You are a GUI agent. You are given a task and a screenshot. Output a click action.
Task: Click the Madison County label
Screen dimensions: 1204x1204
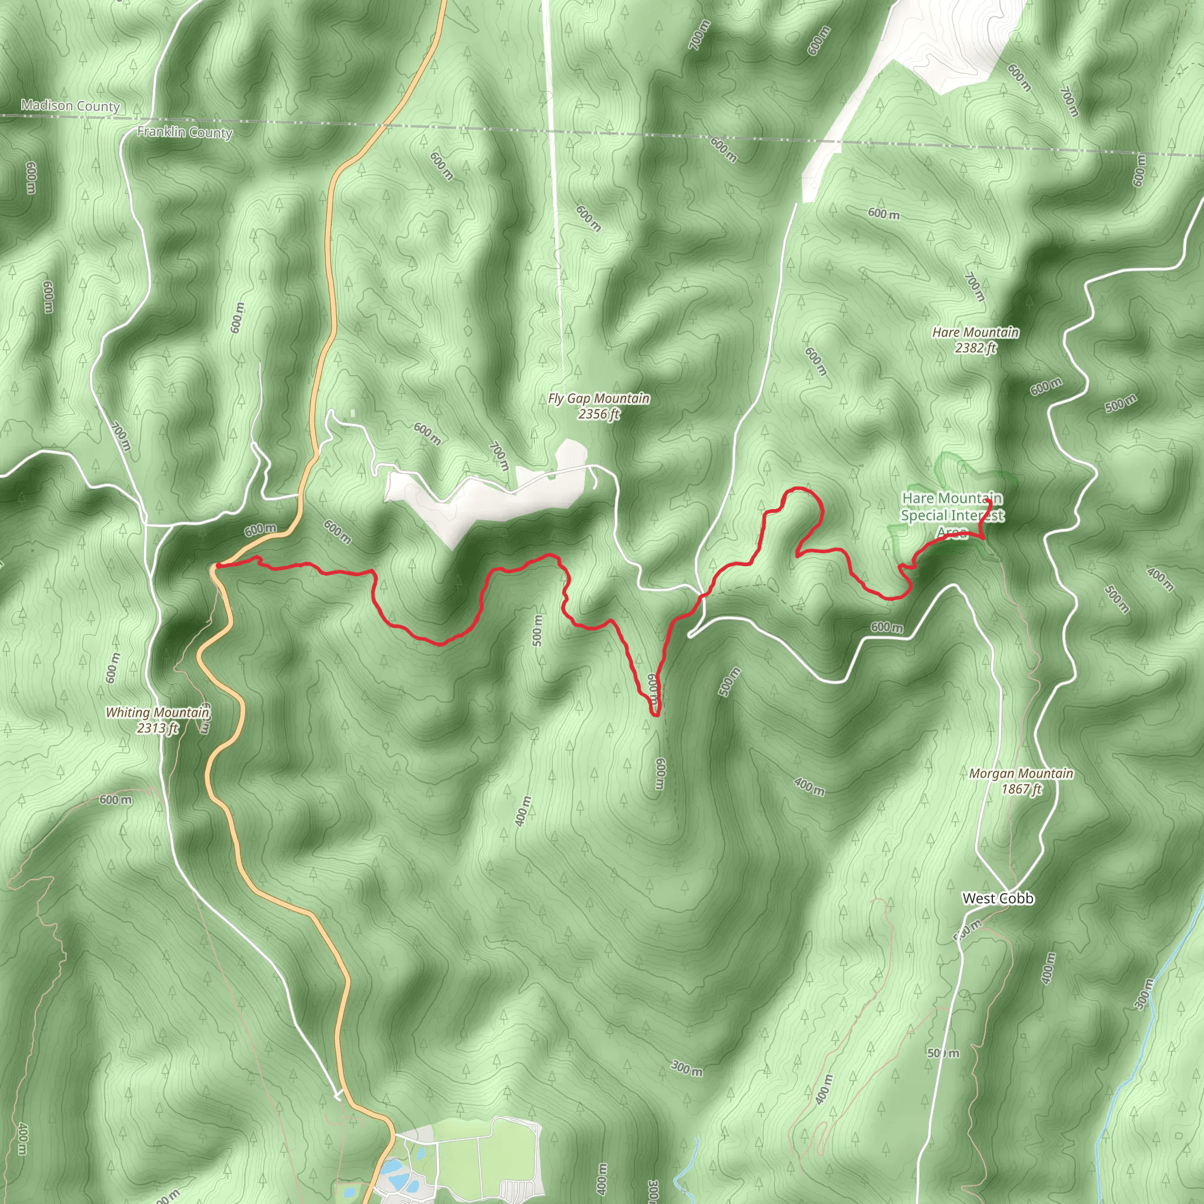click(x=70, y=106)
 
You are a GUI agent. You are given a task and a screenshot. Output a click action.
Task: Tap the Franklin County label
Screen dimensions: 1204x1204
click(x=185, y=133)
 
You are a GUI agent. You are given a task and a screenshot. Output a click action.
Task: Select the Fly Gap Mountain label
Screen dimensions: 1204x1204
click(x=599, y=398)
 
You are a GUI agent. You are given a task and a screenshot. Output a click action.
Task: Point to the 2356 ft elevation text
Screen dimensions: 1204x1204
click(x=599, y=414)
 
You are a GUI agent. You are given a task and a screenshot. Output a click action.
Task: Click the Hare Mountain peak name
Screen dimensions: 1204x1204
click(x=975, y=333)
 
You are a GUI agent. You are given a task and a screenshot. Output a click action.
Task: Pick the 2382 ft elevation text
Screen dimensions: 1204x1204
click(x=975, y=349)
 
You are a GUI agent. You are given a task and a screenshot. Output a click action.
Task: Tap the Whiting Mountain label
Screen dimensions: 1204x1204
click(x=157, y=713)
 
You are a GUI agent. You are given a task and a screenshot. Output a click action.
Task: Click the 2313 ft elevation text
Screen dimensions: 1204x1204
click(x=157, y=727)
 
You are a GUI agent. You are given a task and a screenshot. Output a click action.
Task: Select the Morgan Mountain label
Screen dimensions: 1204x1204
click(x=1021, y=774)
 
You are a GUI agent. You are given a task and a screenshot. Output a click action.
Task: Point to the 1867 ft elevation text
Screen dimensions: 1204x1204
click(x=1021, y=789)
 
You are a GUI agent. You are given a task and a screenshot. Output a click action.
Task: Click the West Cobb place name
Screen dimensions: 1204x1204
click(x=998, y=898)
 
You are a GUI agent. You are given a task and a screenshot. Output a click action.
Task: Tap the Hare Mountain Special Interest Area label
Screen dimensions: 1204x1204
click(x=952, y=516)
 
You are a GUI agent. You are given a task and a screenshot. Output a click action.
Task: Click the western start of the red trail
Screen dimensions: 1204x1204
click(x=216, y=566)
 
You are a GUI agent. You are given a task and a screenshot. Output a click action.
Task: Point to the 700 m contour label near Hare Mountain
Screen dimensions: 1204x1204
click(x=974, y=287)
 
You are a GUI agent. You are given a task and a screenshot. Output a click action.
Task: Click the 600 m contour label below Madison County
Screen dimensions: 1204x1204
click(x=31, y=178)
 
